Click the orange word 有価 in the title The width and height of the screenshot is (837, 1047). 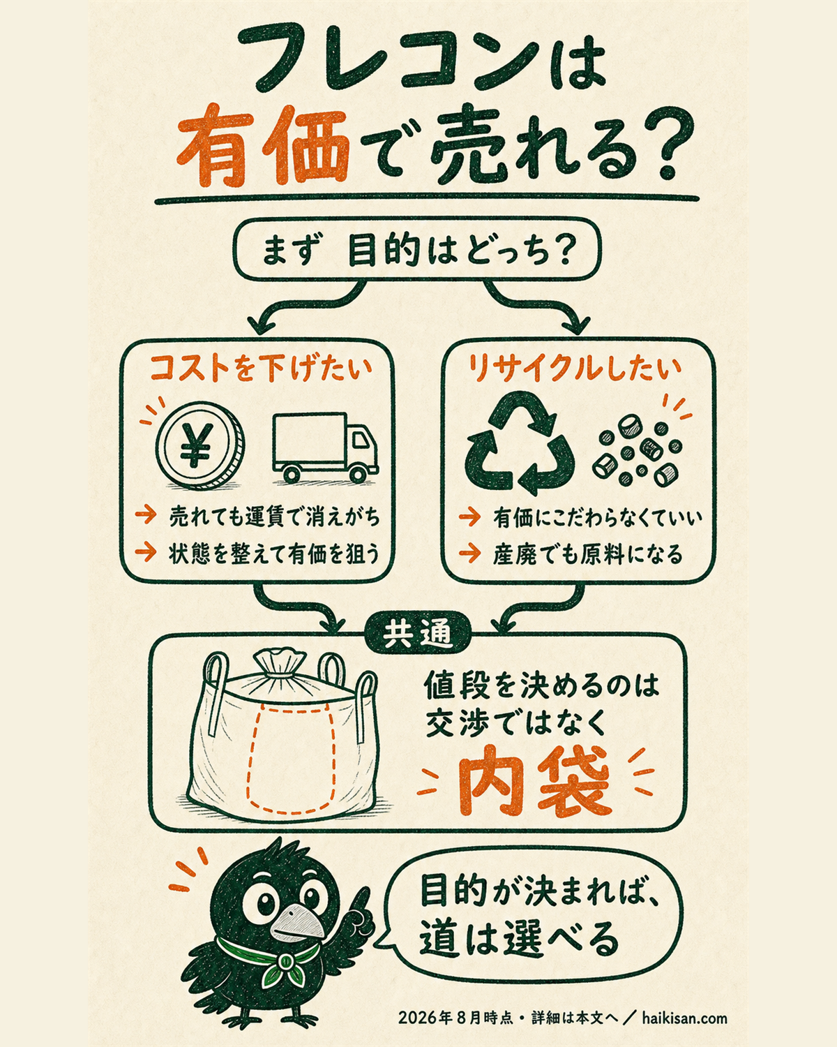click(263, 146)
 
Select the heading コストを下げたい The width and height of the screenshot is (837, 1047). click(259, 369)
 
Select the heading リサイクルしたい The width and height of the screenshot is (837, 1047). click(575, 369)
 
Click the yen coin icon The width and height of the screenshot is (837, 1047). click(200, 445)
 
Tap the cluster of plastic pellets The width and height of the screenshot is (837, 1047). click(637, 451)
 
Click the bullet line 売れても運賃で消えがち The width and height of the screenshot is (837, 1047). click(274, 517)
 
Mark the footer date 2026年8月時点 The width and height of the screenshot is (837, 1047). click(455, 1016)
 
